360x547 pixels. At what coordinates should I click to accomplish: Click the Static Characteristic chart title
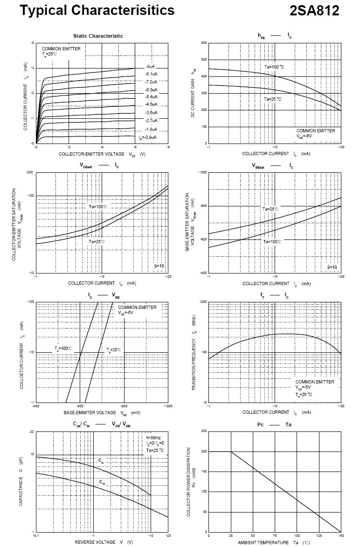click(98, 36)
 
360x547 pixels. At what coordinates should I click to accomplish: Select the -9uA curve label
click(150, 67)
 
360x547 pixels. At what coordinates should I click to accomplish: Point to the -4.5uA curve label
click(151, 104)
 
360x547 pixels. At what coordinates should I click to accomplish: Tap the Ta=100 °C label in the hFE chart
click(274, 67)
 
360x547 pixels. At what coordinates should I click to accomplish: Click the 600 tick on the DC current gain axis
click(204, 43)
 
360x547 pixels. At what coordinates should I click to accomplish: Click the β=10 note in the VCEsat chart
click(159, 266)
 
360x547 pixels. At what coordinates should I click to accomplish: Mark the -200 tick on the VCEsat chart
click(30, 172)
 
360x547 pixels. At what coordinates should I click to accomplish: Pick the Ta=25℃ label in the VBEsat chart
click(270, 209)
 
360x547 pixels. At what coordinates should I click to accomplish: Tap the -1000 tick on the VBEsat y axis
click(202, 172)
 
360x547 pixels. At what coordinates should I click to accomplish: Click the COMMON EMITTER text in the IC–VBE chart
click(137, 308)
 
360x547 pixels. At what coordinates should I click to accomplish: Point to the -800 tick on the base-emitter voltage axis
click(124, 407)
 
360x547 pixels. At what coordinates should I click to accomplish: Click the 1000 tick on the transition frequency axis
click(203, 302)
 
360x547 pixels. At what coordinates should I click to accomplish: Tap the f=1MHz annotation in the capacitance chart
click(154, 438)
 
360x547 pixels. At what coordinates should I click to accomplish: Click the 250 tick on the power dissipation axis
click(204, 431)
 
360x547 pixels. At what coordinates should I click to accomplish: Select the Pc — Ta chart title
click(274, 424)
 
